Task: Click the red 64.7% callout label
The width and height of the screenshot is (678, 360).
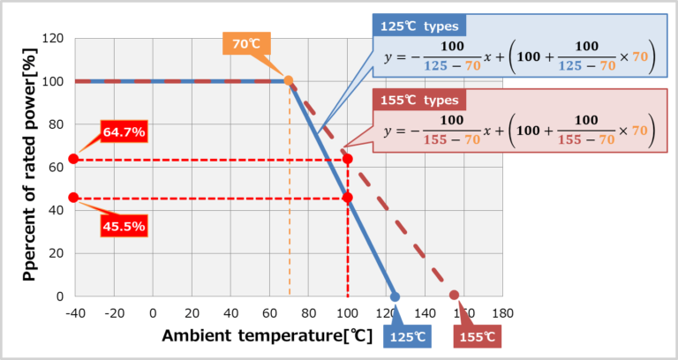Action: tap(124, 132)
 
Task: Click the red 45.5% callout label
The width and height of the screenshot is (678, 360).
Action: tap(124, 226)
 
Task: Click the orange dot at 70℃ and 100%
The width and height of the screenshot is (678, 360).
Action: tap(289, 80)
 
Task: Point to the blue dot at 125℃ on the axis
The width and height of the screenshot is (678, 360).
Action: tap(395, 296)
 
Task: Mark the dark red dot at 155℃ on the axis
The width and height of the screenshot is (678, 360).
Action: tap(454, 296)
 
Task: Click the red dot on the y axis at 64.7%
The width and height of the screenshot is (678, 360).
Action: tap(73, 159)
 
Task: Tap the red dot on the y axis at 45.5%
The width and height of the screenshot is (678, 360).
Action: tap(73, 198)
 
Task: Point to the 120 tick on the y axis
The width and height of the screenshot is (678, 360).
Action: tap(54, 39)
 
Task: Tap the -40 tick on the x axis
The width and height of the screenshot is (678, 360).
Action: tap(75, 313)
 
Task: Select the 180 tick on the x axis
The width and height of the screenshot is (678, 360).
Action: tap(502, 313)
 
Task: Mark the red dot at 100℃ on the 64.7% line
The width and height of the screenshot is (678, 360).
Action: tap(348, 159)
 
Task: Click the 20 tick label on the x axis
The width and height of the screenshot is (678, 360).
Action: tap(192, 313)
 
